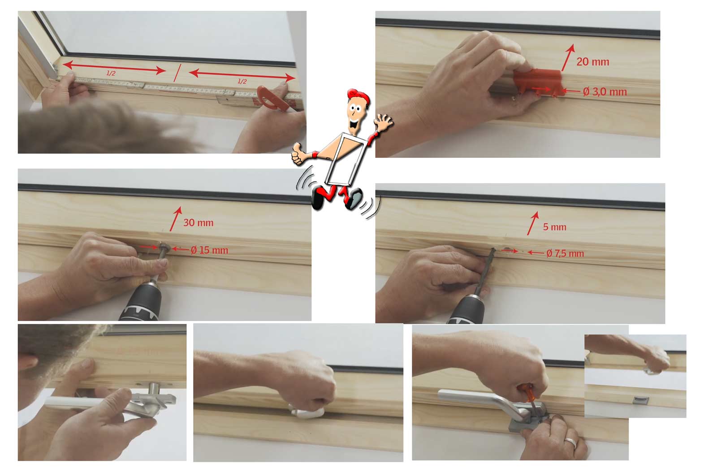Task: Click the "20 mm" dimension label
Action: (x=593, y=62)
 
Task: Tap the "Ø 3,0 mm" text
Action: (x=605, y=92)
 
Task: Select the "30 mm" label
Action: (x=198, y=222)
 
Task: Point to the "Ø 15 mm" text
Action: (x=209, y=250)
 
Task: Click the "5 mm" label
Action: (x=554, y=227)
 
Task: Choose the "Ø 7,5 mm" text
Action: (x=565, y=254)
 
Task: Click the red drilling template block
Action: (x=537, y=82)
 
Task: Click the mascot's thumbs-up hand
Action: (x=298, y=153)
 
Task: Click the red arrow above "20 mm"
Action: (x=568, y=57)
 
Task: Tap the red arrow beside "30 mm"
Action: (x=175, y=219)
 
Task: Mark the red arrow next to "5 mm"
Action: (x=533, y=223)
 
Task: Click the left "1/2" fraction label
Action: (x=111, y=74)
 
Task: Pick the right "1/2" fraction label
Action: (x=242, y=81)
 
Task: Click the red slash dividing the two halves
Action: (x=177, y=73)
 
